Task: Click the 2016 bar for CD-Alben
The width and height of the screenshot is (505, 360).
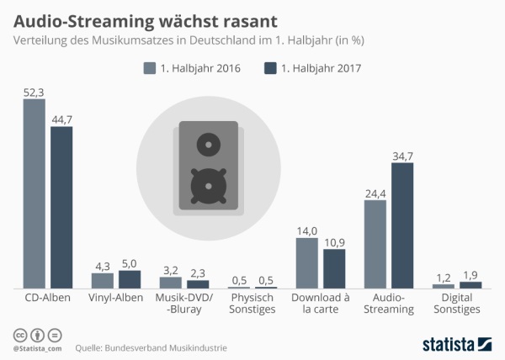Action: [x=34, y=193]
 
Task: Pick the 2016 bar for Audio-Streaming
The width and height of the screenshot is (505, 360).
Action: [x=375, y=245]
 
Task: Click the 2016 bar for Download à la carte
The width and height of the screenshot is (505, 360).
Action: [x=307, y=263]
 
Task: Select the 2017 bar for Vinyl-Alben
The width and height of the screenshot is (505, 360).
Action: [x=130, y=279]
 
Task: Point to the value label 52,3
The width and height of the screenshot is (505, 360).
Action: [x=34, y=92]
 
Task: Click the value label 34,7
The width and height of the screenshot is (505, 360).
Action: [x=402, y=156]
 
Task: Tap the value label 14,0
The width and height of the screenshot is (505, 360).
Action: [x=307, y=230]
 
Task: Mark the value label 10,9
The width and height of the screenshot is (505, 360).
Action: [x=334, y=241]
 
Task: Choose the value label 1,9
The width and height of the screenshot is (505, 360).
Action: [x=470, y=274]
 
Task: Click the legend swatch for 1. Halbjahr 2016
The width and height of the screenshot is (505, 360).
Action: [x=151, y=68]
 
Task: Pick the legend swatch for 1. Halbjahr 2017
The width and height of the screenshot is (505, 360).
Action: [x=270, y=68]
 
